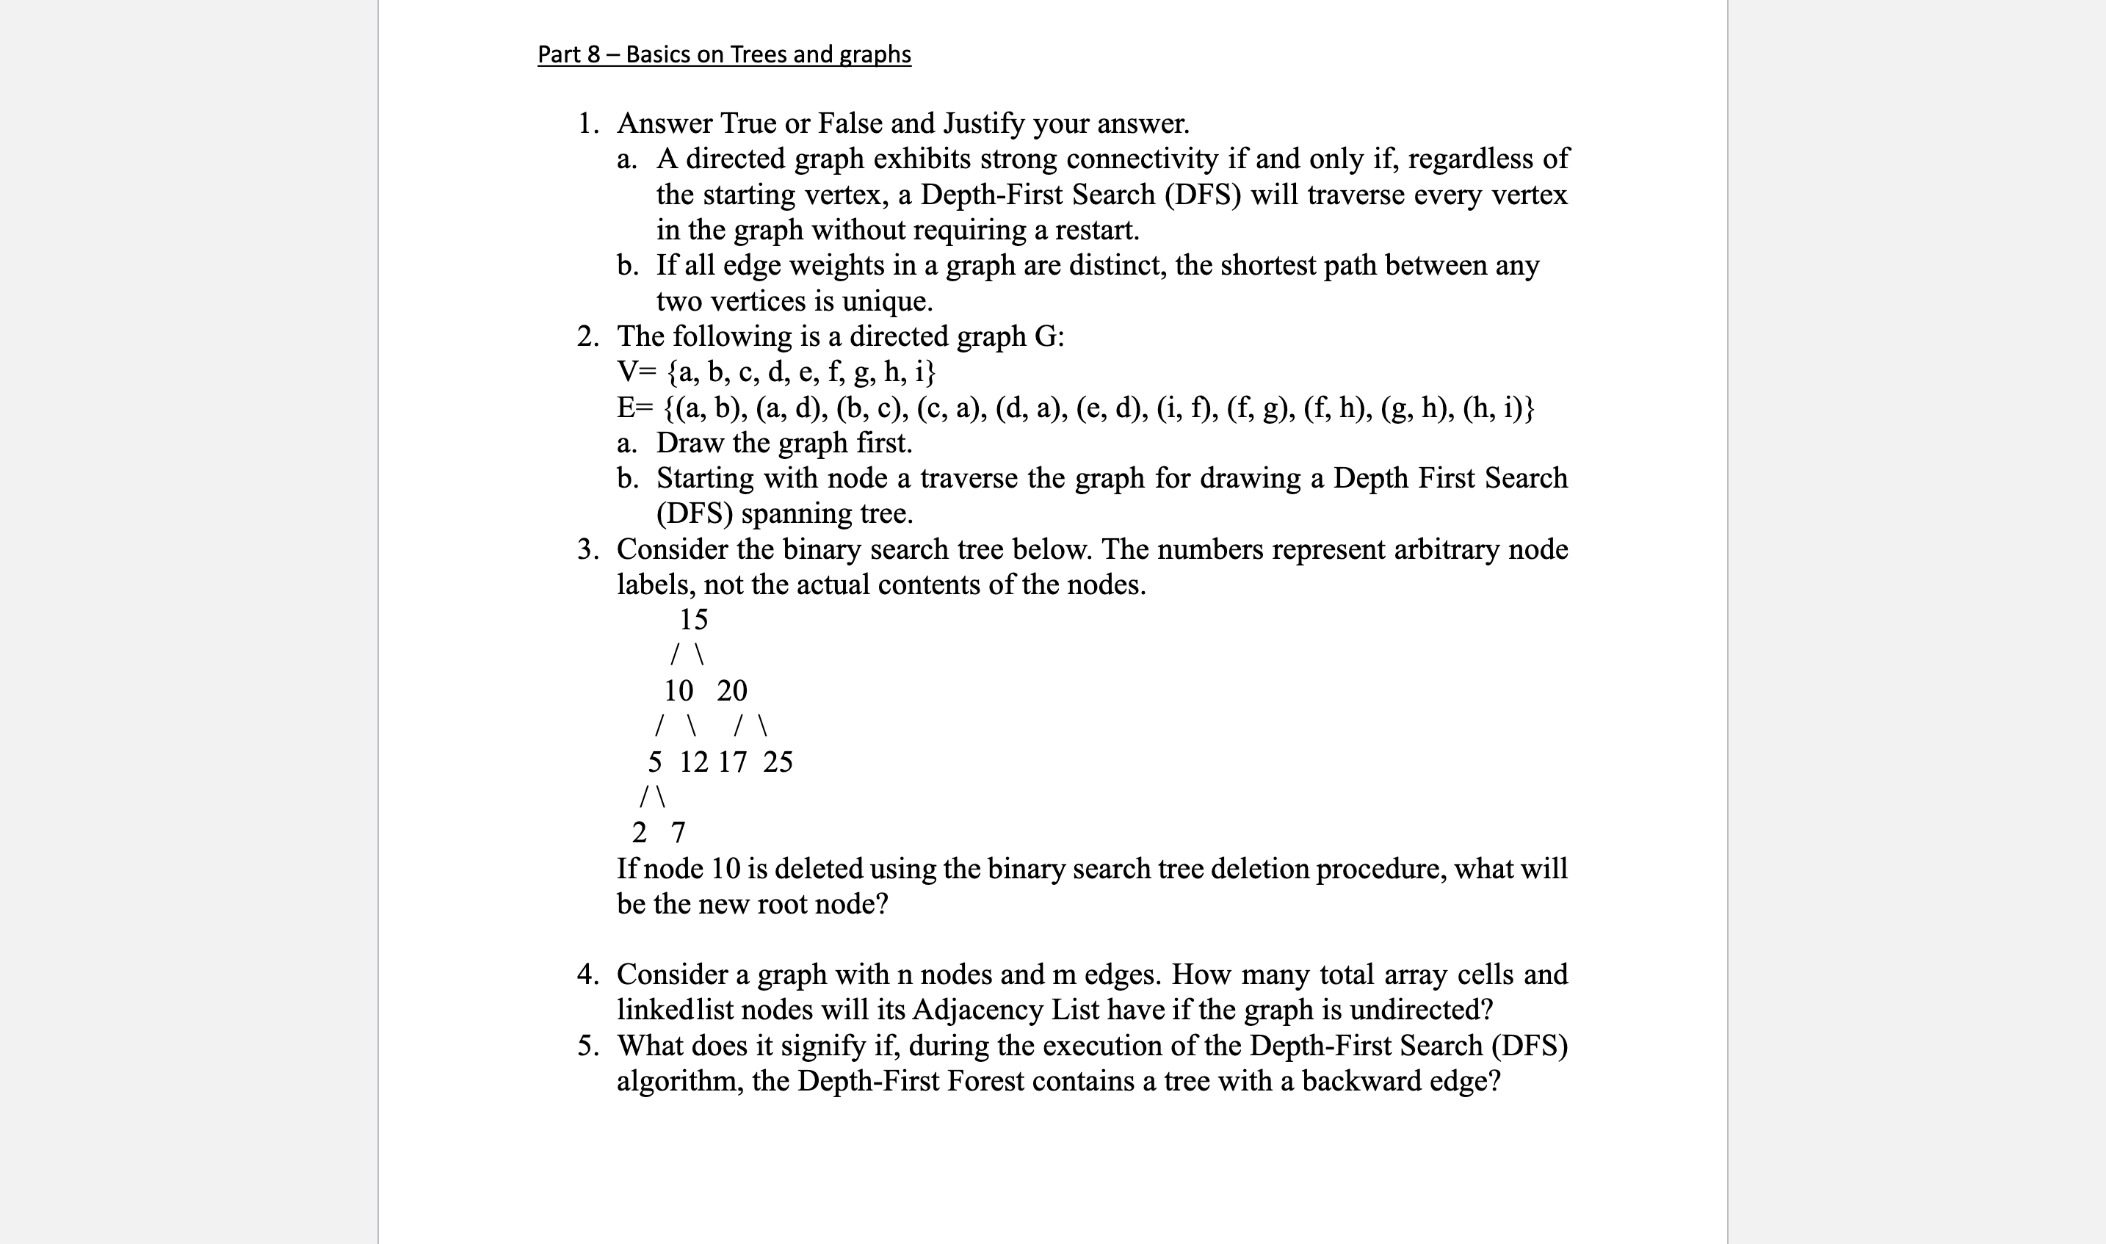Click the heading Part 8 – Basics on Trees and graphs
pos(724,54)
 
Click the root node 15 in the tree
pos(693,620)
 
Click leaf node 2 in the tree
pos(640,833)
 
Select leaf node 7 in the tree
pos(678,833)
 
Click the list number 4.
pos(587,974)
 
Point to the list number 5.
pos(587,1045)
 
